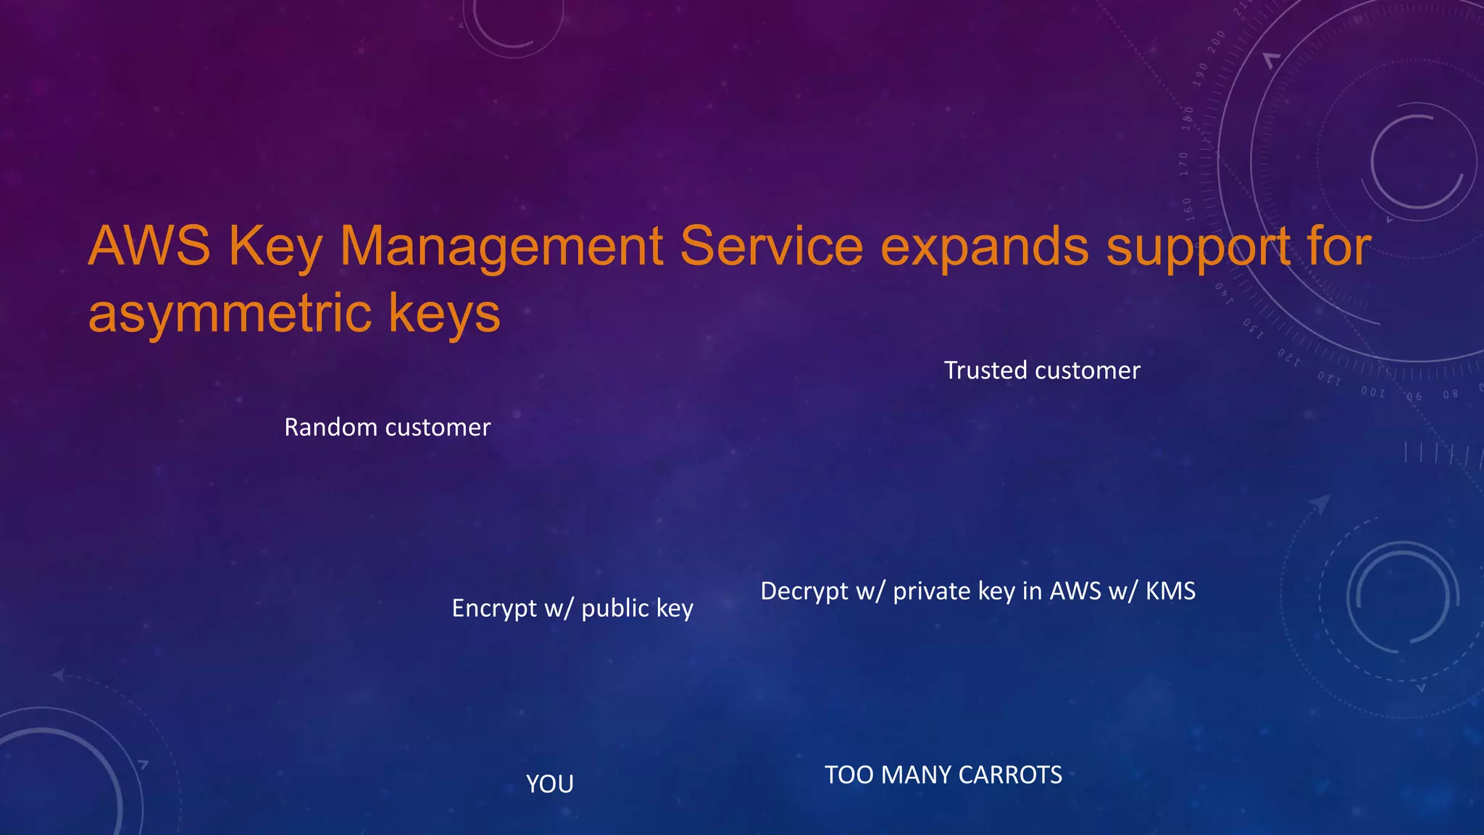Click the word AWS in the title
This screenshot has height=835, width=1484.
click(x=149, y=246)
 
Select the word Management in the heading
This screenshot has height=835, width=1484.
click(x=501, y=246)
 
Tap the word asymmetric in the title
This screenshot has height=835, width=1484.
click(x=228, y=313)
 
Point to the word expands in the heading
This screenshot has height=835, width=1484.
click(x=985, y=246)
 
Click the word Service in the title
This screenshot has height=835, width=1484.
click(x=771, y=246)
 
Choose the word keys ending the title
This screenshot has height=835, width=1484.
click(x=443, y=313)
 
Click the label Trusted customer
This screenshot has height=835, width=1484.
click(x=1041, y=370)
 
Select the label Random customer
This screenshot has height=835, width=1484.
click(x=387, y=427)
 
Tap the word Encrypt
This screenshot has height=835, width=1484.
click(x=493, y=608)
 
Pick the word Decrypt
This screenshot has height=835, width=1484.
click(x=804, y=591)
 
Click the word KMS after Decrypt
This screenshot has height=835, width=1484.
click(x=1170, y=591)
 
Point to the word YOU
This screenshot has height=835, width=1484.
click(x=549, y=784)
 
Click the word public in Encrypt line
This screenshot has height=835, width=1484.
click(x=615, y=608)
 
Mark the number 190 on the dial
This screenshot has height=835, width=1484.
click(x=1201, y=74)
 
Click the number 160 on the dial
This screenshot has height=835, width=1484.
click(x=1188, y=208)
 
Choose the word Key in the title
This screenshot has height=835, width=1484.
click(x=275, y=246)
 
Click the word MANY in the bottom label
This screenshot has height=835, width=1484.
click(x=915, y=775)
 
